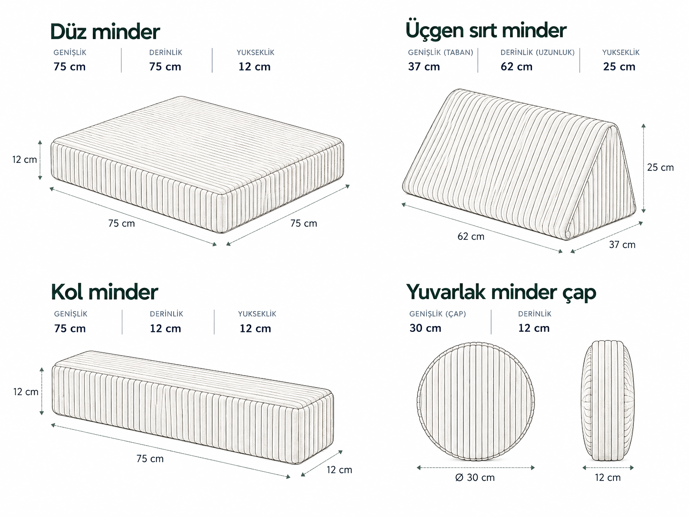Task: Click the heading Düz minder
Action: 105,32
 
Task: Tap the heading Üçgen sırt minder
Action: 486,31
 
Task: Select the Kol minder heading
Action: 104,292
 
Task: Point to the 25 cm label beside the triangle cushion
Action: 660,167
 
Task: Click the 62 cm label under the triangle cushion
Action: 471,237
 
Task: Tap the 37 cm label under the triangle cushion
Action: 622,245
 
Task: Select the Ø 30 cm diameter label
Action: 475,477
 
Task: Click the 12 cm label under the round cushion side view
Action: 608,477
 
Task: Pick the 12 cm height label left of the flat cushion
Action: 24,159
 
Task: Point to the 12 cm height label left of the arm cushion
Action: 26,392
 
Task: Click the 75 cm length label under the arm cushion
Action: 150,458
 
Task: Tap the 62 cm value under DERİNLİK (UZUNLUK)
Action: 516,67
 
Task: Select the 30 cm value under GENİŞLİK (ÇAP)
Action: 425,328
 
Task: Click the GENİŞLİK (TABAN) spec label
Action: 441,52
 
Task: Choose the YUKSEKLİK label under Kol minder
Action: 257,314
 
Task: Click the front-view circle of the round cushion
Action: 475,401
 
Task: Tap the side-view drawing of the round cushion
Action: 608,401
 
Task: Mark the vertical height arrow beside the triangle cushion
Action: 643,168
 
